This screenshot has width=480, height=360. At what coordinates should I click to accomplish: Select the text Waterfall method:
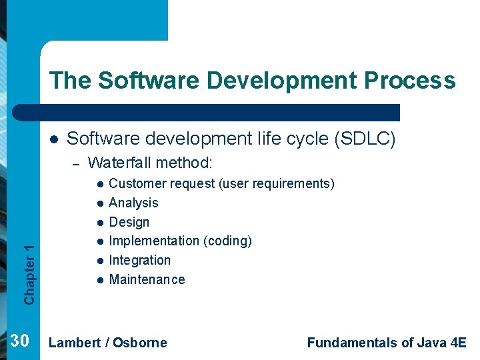pos(150,163)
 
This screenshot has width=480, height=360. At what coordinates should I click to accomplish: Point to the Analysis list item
pos(133,203)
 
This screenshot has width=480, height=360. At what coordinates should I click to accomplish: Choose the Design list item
pos(129,222)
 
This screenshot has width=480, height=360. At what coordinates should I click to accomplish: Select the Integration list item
pos(139,260)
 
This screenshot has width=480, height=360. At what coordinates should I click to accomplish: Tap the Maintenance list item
pos(147,279)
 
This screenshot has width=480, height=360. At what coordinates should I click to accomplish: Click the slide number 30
pos(20,341)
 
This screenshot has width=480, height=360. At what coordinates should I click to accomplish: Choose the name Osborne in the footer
pos(140,343)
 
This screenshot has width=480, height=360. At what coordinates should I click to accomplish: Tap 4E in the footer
pos(459,343)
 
